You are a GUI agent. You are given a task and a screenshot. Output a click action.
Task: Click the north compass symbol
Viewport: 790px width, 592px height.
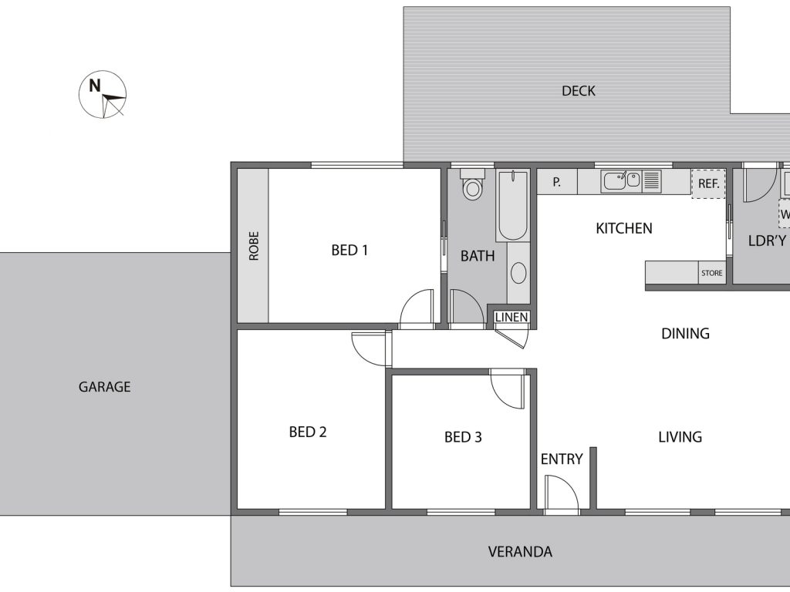(103, 94)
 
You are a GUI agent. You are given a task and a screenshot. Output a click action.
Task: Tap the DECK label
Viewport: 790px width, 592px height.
(579, 91)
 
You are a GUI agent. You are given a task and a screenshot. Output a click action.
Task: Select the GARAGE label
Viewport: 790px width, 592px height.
(105, 387)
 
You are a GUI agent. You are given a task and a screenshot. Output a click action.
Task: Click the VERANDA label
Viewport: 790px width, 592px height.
(520, 552)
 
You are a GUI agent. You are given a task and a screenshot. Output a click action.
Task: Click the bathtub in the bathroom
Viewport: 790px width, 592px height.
(513, 206)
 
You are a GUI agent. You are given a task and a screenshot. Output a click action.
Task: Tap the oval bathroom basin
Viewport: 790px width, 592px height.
(518, 274)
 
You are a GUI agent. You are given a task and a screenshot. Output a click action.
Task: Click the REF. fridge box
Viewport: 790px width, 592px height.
(708, 183)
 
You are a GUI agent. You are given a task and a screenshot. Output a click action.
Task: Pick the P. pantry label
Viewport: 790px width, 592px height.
(557, 182)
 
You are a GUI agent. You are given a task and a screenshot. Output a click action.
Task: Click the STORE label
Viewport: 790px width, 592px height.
(712, 273)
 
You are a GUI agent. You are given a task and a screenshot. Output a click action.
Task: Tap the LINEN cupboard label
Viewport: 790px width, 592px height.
(511, 317)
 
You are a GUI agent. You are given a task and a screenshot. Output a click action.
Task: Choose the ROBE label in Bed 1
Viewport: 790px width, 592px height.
(253, 246)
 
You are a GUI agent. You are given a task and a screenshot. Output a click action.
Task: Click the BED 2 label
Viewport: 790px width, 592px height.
(308, 432)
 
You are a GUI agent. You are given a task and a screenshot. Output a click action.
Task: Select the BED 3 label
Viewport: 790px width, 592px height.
(463, 437)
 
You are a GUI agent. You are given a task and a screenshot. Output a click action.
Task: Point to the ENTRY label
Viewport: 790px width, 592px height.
(562, 459)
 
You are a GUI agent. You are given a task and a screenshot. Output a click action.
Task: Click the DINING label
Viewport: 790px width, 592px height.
(685, 333)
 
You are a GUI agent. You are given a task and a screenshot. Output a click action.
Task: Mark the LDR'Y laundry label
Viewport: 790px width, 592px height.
(767, 240)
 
